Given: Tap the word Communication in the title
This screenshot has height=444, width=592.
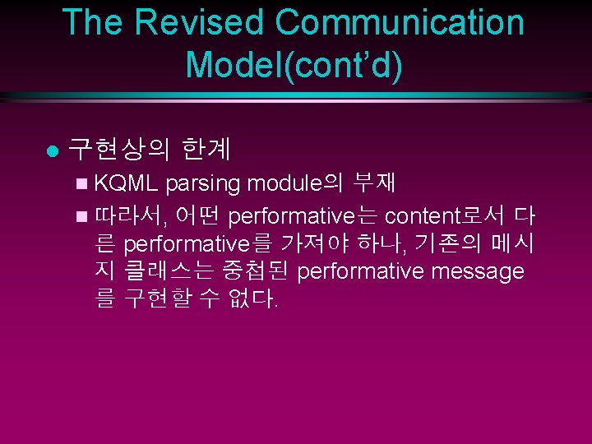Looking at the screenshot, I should (400, 22).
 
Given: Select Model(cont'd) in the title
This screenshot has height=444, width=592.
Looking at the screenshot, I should (294, 65).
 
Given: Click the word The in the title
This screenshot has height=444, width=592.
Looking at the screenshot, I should (92, 22).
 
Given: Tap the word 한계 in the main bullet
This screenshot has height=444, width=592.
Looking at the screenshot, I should (206, 149).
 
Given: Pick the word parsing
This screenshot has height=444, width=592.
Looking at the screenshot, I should (209, 182).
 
